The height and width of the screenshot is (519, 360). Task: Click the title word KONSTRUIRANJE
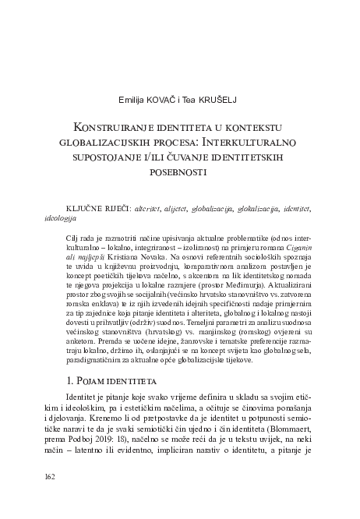111,126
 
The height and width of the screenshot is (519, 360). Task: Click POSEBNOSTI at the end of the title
180,172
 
